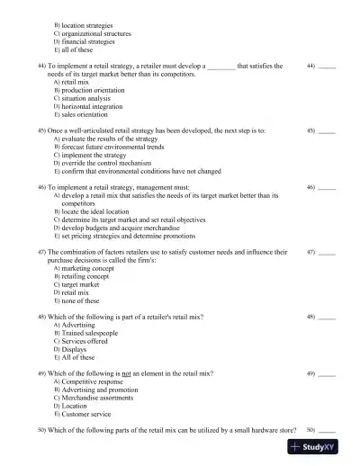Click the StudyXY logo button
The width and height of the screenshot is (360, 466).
(x=321, y=446)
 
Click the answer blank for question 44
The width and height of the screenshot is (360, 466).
(x=328, y=67)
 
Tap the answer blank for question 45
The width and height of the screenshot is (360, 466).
(x=328, y=130)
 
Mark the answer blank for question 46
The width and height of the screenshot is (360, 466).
(x=328, y=187)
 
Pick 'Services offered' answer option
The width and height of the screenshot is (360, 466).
(x=89, y=342)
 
